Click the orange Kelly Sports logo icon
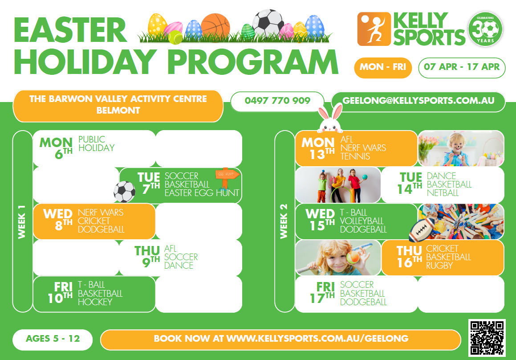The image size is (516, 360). tap(374, 29)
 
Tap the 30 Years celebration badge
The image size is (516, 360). tap(485, 29)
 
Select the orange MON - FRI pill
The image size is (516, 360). tap(383, 67)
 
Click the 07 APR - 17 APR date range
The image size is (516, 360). tap(462, 67)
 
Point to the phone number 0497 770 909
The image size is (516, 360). tap(277, 101)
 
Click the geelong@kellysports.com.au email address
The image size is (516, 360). tap(418, 101)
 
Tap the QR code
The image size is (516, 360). tap(487, 338)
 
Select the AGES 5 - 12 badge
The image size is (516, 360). tap(53, 339)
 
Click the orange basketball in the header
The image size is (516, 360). tap(215, 26)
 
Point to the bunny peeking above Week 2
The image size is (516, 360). tap(330, 118)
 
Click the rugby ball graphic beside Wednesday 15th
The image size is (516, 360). tap(422, 229)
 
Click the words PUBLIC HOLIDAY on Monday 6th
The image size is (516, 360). tap(97, 143)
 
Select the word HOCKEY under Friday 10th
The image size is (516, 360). tap(95, 302)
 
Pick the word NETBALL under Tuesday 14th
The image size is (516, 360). tap(443, 193)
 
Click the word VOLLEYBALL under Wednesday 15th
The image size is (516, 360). tap(362, 221)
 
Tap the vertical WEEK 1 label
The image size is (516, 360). tap(21, 222)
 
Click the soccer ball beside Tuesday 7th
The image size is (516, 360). tap(124, 192)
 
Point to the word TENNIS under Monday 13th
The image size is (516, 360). tap(355, 156)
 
